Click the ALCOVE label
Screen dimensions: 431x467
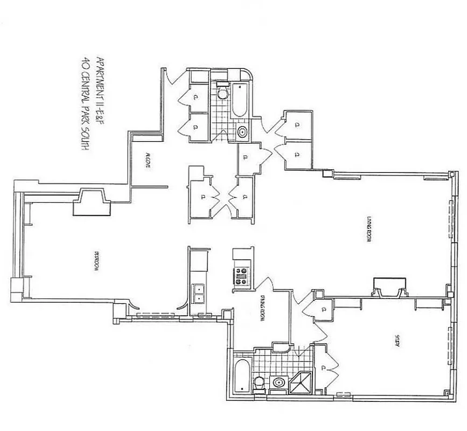[147, 161]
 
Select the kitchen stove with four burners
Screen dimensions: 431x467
[240, 275]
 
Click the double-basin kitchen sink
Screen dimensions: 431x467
[199, 294]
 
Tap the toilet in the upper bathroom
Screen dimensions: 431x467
[221, 92]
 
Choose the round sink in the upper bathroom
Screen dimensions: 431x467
[242, 131]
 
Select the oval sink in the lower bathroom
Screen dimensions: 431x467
[278, 383]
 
